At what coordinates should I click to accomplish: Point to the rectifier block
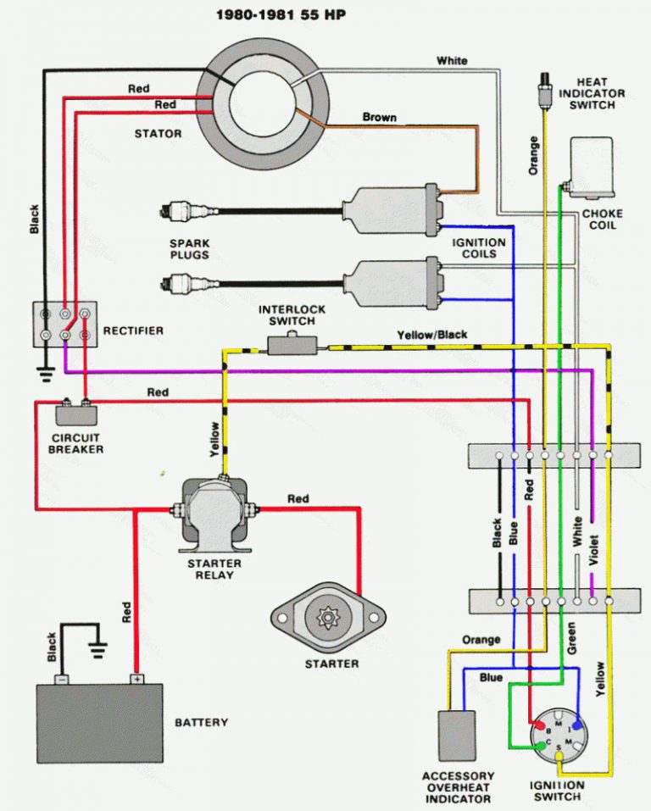(x=64, y=324)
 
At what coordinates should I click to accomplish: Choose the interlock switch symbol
(x=291, y=343)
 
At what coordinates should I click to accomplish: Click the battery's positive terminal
(x=136, y=678)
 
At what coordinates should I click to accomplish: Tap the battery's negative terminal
(x=61, y=679)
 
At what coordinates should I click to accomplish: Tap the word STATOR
(x=159, y=133)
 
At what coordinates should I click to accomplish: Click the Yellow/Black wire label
(x=431, y=335)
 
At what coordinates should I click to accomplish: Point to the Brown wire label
(x=379, y=117)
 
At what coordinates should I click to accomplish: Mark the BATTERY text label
(x=201, y=722)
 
